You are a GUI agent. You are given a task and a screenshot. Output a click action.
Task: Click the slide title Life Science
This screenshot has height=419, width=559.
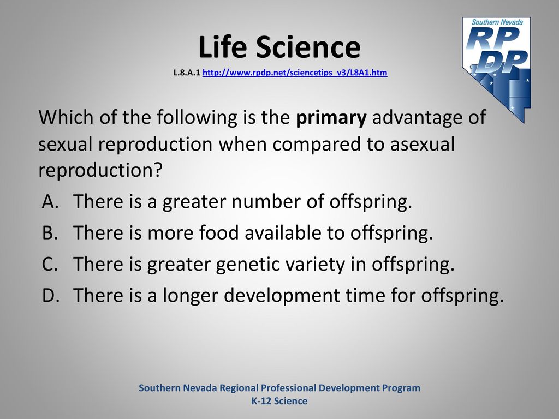(x=279, y=47)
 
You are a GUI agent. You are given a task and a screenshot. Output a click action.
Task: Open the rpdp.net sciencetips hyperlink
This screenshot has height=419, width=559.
(x=295, y=73)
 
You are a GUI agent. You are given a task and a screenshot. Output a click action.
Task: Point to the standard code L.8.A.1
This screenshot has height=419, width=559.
(x=187, y=73)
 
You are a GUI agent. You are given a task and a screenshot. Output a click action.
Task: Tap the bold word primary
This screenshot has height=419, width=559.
(x=331, y=118)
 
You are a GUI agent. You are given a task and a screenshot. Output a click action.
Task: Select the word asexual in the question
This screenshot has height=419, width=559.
(x=423, y=144)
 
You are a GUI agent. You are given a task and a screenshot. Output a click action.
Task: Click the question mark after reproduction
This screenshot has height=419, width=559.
(x=158, y=170)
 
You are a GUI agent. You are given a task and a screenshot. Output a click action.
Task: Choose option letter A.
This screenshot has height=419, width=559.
(x=50, y=201)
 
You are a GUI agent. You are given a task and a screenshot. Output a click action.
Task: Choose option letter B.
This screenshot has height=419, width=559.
(x=50, y=232)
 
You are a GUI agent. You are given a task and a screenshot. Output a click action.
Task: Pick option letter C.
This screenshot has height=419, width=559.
(x=50, y=264)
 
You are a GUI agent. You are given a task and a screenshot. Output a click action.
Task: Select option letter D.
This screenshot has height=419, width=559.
(x=50, y=295)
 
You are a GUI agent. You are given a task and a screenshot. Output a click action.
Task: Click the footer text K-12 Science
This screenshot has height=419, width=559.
(x=279, y=401)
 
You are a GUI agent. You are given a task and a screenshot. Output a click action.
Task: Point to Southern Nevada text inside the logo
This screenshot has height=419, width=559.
(x=497, y=22)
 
